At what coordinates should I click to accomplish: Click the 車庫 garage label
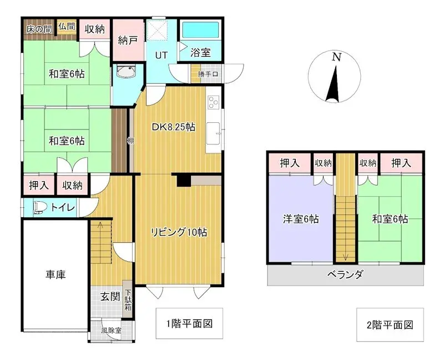point(56,274)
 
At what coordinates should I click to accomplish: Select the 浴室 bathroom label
point(200,53)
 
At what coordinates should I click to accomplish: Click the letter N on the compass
point(336,57)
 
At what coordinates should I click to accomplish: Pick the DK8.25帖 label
point(174,127)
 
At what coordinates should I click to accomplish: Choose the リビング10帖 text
point(179,233)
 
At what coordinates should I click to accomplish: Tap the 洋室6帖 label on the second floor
point(300,219)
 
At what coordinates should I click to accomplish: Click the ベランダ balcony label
point(345,274)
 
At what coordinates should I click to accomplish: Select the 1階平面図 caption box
point(189,324)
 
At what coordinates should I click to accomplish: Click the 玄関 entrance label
point(110,296)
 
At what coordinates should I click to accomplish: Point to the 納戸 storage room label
point(128,40)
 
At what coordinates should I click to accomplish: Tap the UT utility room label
point(161,55)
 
